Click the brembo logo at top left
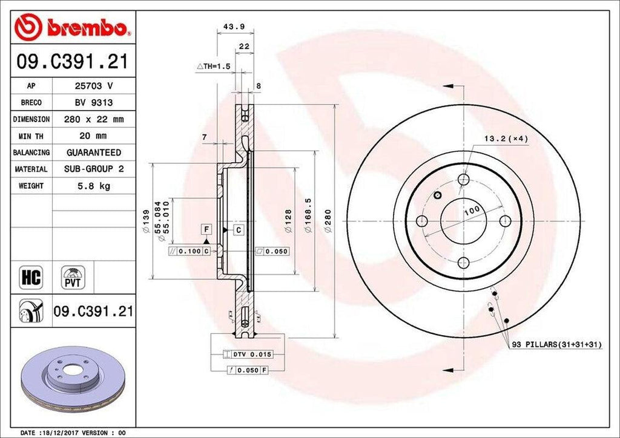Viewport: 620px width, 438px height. [73, 27]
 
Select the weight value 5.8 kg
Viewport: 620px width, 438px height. [94, 186]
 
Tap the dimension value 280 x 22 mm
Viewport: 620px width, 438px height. [94, 119]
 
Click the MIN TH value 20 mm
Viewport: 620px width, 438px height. [94, 136]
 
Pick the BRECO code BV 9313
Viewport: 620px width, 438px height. [94, 103]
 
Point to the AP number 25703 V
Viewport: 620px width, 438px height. [94, 86]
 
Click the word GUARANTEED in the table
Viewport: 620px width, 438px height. [94, 152]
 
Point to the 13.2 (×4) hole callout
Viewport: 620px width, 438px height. [506, 139]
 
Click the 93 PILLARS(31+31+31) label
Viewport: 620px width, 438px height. [556, 344]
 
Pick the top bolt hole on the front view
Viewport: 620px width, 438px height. [464, 179]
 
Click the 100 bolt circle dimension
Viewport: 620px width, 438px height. [472, 210]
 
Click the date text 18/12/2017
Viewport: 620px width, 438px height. [67, 433]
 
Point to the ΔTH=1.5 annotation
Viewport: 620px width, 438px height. [213, 66]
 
